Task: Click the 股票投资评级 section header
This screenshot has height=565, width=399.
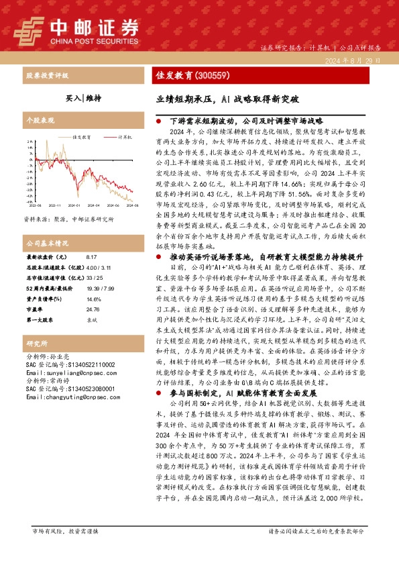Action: click(x=43, y=75)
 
